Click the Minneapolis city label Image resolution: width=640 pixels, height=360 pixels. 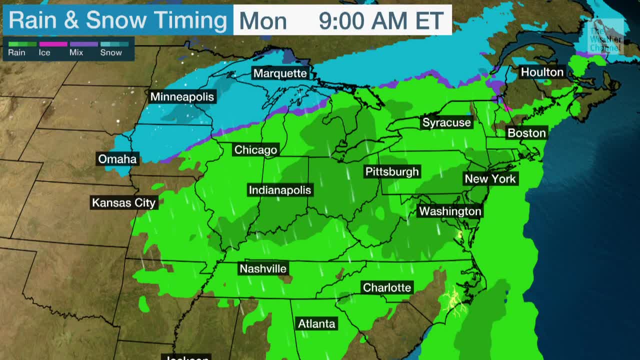point(182,97)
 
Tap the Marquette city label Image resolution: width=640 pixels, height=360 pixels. point(279,73)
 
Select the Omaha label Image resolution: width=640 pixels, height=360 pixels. point(117,159)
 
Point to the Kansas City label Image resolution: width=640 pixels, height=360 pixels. point(124,202)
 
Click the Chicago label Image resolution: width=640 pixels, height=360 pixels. point(255,149)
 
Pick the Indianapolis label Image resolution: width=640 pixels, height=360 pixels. point(279,190)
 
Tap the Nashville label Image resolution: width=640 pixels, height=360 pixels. point(263,268)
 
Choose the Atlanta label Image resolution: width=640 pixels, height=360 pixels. point(316,323)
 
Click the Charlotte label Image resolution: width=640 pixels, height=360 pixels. point(387,287)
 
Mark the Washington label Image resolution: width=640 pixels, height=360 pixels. point(450,211)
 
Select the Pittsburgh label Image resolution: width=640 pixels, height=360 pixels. point(392,171)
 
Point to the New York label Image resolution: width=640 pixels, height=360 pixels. point(490,178)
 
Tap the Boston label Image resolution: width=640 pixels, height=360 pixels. point(526,132)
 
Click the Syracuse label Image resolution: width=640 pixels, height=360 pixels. point(446,122)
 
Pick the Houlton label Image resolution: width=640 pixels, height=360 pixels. point(542,72)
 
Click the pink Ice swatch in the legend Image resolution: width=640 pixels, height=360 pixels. point(52,44)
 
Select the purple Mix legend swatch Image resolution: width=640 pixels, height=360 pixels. point(83,44)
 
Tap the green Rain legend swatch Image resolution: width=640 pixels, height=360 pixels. point(22,44)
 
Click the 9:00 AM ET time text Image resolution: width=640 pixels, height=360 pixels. point(381,21)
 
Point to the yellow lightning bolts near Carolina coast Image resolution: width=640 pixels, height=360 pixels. point(453,301)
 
